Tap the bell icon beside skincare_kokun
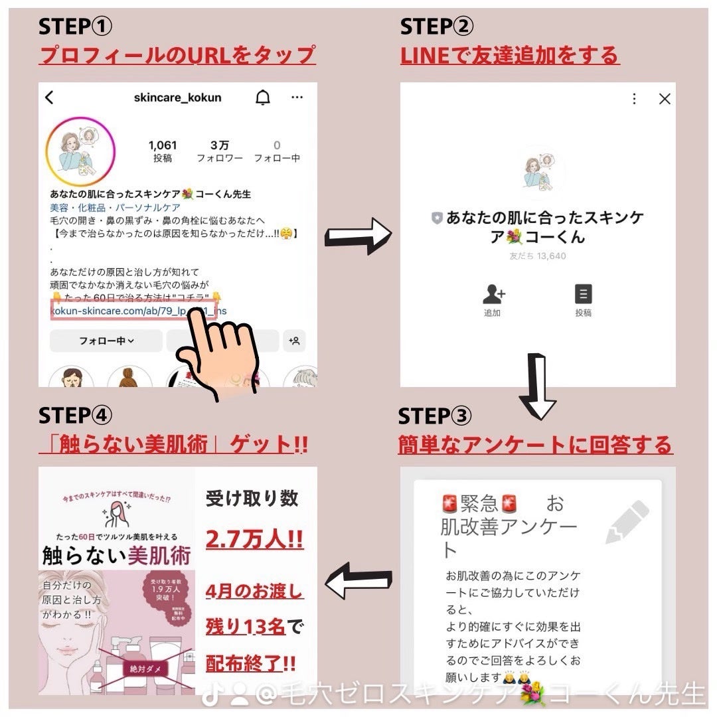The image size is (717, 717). [263, 98]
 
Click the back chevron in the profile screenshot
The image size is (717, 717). [49, 98]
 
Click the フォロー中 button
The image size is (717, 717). [106, 341]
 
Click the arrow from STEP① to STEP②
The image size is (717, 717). [358, 236]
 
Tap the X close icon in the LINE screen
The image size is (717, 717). [664, 99]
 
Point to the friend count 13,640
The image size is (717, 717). [538, 256]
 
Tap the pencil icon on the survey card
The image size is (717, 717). [627, 522]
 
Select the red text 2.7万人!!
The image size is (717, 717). [254, 539]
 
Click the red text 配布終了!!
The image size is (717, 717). [251, 663]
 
